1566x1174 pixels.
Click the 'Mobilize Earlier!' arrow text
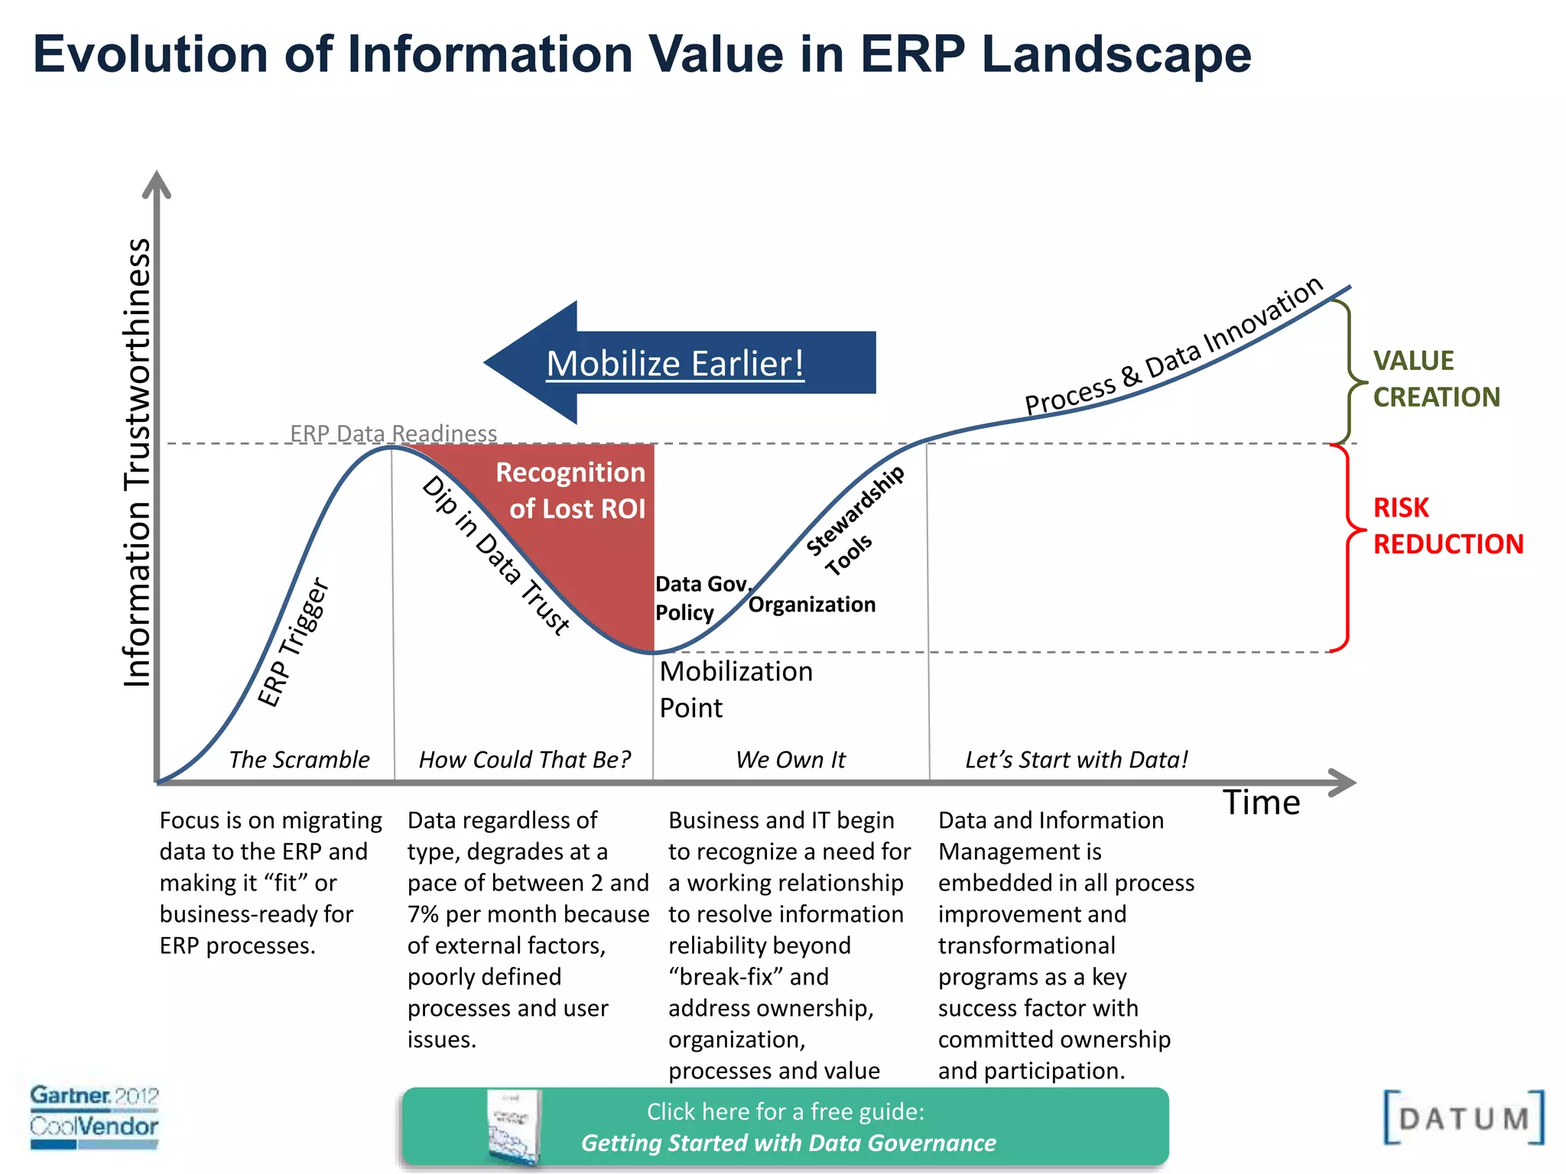(x=675, y=364)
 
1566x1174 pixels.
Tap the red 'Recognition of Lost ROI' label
(x=577, y=491)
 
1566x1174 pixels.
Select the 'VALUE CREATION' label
(x=1435, y=378)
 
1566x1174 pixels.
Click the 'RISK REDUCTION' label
(x=1447, y=526)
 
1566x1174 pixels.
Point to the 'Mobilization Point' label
(x=735, y=689)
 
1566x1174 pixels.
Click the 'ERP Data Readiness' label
(x=393, y=433)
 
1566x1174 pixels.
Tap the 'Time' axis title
(x=1261, y=803)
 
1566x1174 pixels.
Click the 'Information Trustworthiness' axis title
(x=138, y=462)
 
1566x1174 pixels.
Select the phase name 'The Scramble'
(x=299, y=760)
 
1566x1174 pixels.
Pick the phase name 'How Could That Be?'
(x=525, y=760)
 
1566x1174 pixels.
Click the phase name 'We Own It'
(x=790, y=760)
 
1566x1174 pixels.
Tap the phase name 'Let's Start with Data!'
(x=1076, y=760)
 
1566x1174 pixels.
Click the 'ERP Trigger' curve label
(x=292, y=642)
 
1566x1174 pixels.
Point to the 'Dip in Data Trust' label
(x=496, y=556)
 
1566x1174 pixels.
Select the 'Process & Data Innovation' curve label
(x=1174, y=347)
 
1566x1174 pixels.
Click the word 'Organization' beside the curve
(x=811, y=605)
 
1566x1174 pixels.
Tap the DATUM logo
(x=1463, y=1118)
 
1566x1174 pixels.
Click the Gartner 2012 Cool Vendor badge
(x=94, y=1116)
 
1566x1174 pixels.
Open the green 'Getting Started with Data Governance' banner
(x=785, y=1127)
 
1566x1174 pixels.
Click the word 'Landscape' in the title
(x=1116, y=54)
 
